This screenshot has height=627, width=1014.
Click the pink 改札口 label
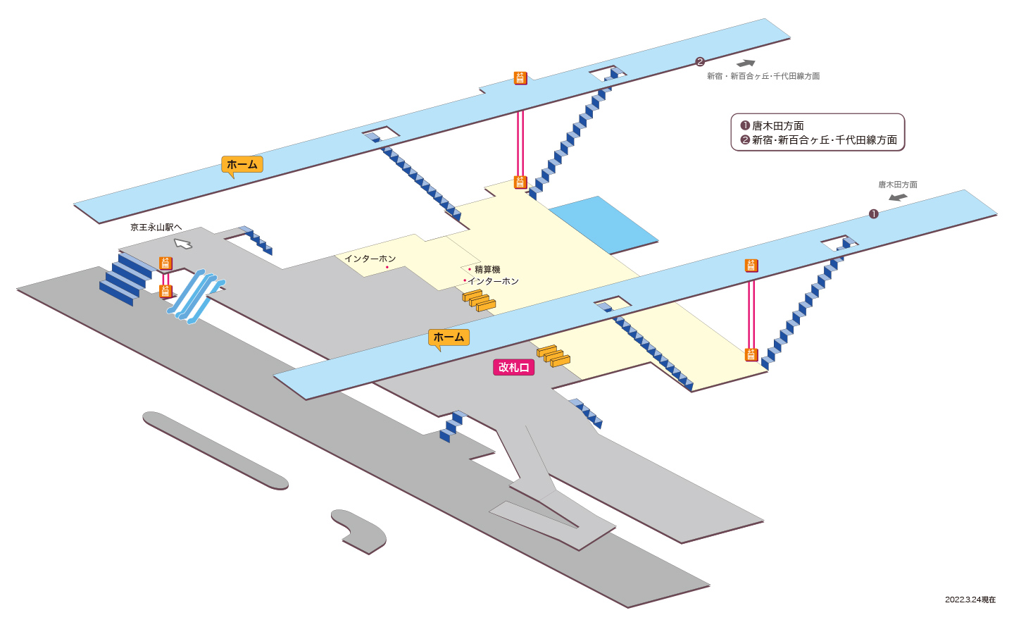click(513, 368)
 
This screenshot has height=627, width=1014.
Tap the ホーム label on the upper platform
click(242, 164)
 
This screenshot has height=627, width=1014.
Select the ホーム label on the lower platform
click(449, 337)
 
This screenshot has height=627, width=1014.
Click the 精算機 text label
click(487, 270)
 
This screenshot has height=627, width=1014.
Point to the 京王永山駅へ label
click(156, 228)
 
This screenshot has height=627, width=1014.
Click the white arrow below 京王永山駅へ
click(183, 244)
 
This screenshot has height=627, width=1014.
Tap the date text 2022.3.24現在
click(970, 600)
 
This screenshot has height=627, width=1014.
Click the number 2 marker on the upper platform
click(700, 61)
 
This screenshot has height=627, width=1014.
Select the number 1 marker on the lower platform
click(874, 214)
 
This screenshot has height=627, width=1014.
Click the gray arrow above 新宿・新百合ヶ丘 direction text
click(746, 63)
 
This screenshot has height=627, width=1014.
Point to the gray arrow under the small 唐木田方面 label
click(898, 197)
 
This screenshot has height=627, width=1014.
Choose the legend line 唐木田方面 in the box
click(772, 125)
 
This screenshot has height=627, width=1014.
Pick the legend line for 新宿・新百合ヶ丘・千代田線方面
click(818, 140)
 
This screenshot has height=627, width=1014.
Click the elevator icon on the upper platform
click(520, 78)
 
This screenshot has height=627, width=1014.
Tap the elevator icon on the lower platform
click(751, 266)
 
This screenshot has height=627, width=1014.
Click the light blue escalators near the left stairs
click(196, 297)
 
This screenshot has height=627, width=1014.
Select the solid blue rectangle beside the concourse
click(603, 225)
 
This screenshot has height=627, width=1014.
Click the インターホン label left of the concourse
click(370, 259)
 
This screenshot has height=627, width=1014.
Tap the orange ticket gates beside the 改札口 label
click(553, 356)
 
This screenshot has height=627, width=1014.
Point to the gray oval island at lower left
click(215, 451)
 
